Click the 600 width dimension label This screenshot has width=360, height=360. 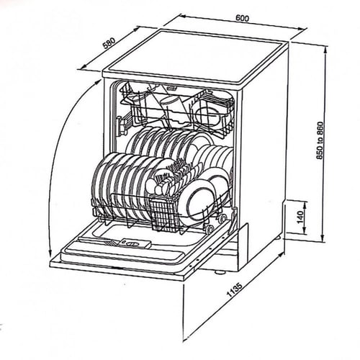pos(243,18)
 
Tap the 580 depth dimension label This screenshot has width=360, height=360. pos(109,43)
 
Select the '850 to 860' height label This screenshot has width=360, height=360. pos(320,140)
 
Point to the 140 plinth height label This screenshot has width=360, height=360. pos(300,216)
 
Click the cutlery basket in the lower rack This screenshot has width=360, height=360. pos(165,215)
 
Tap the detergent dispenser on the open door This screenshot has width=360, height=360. pos(136,243)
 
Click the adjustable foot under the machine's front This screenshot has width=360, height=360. pos(220,272)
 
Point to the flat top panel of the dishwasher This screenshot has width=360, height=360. pos(196,57)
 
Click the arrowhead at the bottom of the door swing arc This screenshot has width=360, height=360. pos(50,253)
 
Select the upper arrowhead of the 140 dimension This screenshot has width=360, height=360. pos(305,204)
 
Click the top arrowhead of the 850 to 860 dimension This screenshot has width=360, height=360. pos(325,49)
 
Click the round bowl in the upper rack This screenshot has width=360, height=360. pos(208,117)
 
